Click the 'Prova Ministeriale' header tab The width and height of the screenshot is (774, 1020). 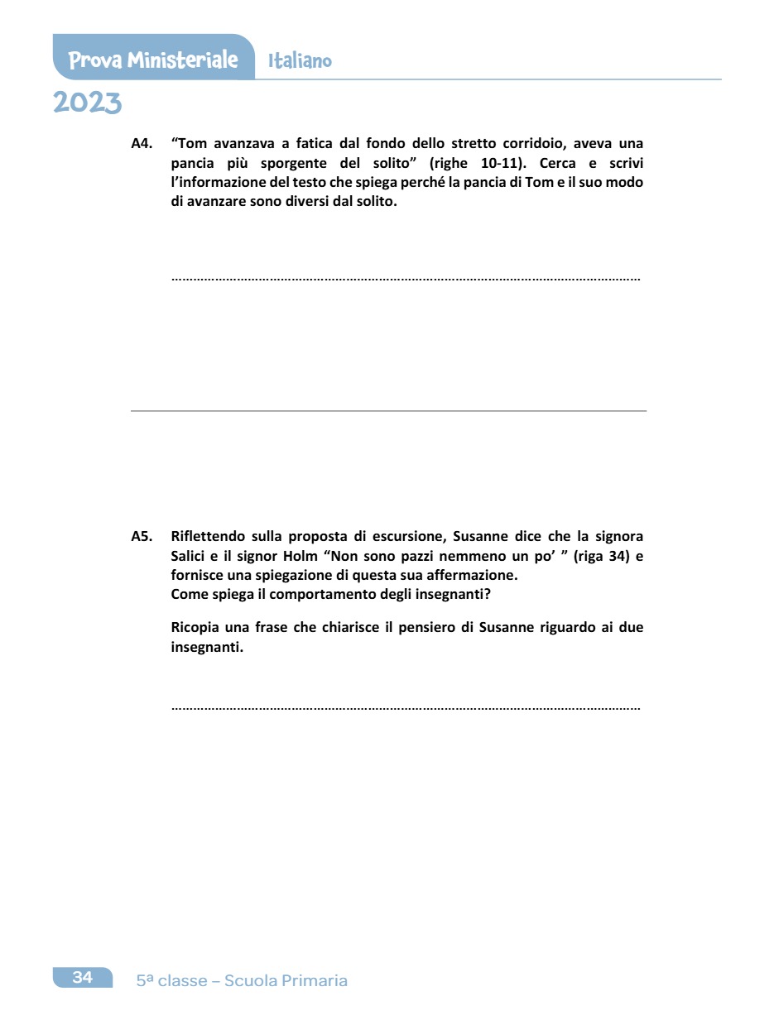pos(153,60)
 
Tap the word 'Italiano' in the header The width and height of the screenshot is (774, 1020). pos(300,60)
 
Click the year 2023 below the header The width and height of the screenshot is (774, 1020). pos(87,103)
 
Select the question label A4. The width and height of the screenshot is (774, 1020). pos(142,143)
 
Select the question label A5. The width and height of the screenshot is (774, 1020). pos(142,536)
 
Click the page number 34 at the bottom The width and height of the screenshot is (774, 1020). pos(82,978)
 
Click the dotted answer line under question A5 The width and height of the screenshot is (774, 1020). pos(406,708)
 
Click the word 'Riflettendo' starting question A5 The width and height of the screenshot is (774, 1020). pos(207,536)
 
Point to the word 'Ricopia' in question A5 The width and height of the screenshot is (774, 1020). pos(195,628)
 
